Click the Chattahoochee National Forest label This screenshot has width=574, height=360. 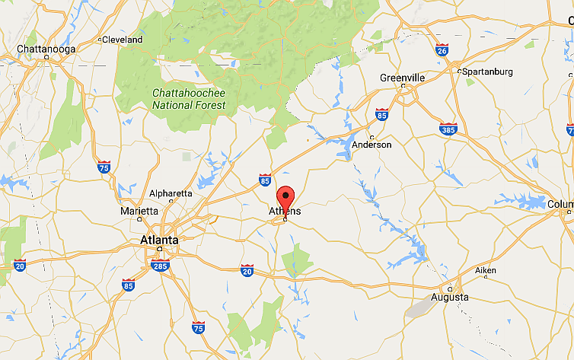click(x=189, y=99)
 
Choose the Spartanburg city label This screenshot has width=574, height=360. click(x=487, y=72)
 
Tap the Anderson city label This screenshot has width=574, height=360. click(x=372, y=145)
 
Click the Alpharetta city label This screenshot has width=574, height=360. click(x=171, y=193)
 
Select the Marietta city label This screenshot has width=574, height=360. click(x=139, y=211)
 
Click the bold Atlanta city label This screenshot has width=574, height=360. click(x=159, y=240)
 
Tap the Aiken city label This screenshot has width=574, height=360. click(x=485, y=271)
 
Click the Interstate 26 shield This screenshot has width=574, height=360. click(x=442, y=50)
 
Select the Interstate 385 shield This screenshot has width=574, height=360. click(x=448, y=129)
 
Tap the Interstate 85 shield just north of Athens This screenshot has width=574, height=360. click(x=265, y=180)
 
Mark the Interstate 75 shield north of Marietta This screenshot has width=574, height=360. click(x=104, y=166)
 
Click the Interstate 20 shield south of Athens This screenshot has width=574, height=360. click(x=247, y=270)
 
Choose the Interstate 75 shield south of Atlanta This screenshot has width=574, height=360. click(x=198, y=328)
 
